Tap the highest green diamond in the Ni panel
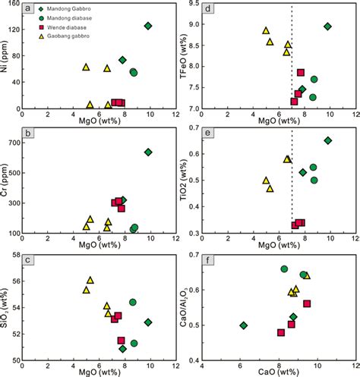click(x=148, y=26)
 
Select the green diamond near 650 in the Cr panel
click(x=148, y=152)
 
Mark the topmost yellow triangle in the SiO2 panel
click(x=90, y=280)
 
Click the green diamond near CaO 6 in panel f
click(x=243, y=325)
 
